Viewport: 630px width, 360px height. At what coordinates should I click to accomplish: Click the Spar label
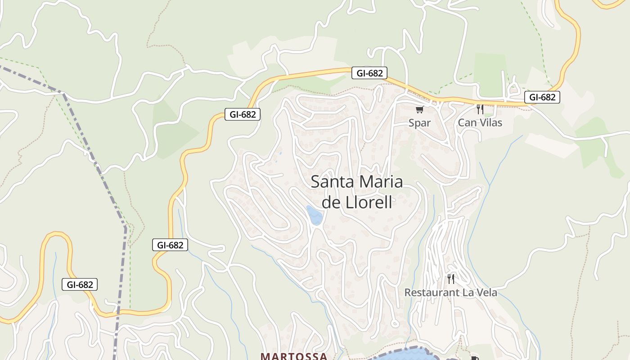(419, 123)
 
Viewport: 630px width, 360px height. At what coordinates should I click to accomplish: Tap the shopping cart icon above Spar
(420, 109)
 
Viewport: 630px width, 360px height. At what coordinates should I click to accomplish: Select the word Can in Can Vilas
(467, 122)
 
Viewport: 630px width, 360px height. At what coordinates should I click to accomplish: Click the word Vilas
(490, 122)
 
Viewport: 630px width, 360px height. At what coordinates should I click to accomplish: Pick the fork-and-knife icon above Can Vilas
(480, 109)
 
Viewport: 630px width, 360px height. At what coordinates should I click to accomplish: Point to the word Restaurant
(432, 292)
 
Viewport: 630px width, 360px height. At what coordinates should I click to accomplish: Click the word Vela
(486, 292)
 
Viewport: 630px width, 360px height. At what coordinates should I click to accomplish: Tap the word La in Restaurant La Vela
(467, 292)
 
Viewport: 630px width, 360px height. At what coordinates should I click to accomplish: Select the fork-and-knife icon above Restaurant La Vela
(451, 279)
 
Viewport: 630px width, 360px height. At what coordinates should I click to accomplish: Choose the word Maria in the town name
(380, 182)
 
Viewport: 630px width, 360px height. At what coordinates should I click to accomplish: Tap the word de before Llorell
(333, 202)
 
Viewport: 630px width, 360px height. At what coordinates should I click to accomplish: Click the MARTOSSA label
(294, 356)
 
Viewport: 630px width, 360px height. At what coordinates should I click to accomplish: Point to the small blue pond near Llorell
(314, 215)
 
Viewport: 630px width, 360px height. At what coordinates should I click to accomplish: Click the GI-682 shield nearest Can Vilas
(542, 97)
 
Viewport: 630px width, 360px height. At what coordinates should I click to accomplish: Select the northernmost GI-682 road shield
(369, 73)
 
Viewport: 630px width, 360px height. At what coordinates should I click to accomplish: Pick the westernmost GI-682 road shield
(80, 284)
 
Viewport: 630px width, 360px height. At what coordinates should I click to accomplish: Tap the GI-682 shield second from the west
(170, 245)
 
